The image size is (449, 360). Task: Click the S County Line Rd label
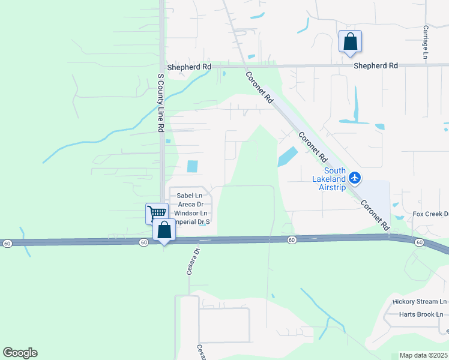point(160,103)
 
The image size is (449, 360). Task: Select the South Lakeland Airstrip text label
point(331,179)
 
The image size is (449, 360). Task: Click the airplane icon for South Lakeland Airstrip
point(355,178)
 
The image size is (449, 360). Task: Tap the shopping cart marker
point(157,213)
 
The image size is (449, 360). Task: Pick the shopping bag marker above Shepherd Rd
point(351,42)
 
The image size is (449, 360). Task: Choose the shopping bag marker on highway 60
point(164,230)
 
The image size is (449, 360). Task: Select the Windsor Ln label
point(191,213)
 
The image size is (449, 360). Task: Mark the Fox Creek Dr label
point(430,214)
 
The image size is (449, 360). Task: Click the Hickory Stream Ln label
point(420,301)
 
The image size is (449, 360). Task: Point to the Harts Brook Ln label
point(421,314)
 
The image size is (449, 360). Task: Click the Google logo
point(20,353)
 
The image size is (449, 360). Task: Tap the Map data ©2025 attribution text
point(423,355)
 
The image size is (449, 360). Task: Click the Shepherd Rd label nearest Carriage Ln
point(376,65)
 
